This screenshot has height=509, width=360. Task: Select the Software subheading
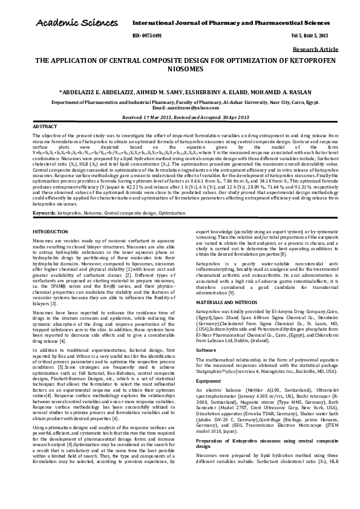[x=206, y=350]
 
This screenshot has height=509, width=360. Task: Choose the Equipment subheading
[x=209, y=381]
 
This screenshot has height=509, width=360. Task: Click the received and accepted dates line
[x=180, y=117]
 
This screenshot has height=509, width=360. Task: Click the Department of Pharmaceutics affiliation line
[x=180, y=103]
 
